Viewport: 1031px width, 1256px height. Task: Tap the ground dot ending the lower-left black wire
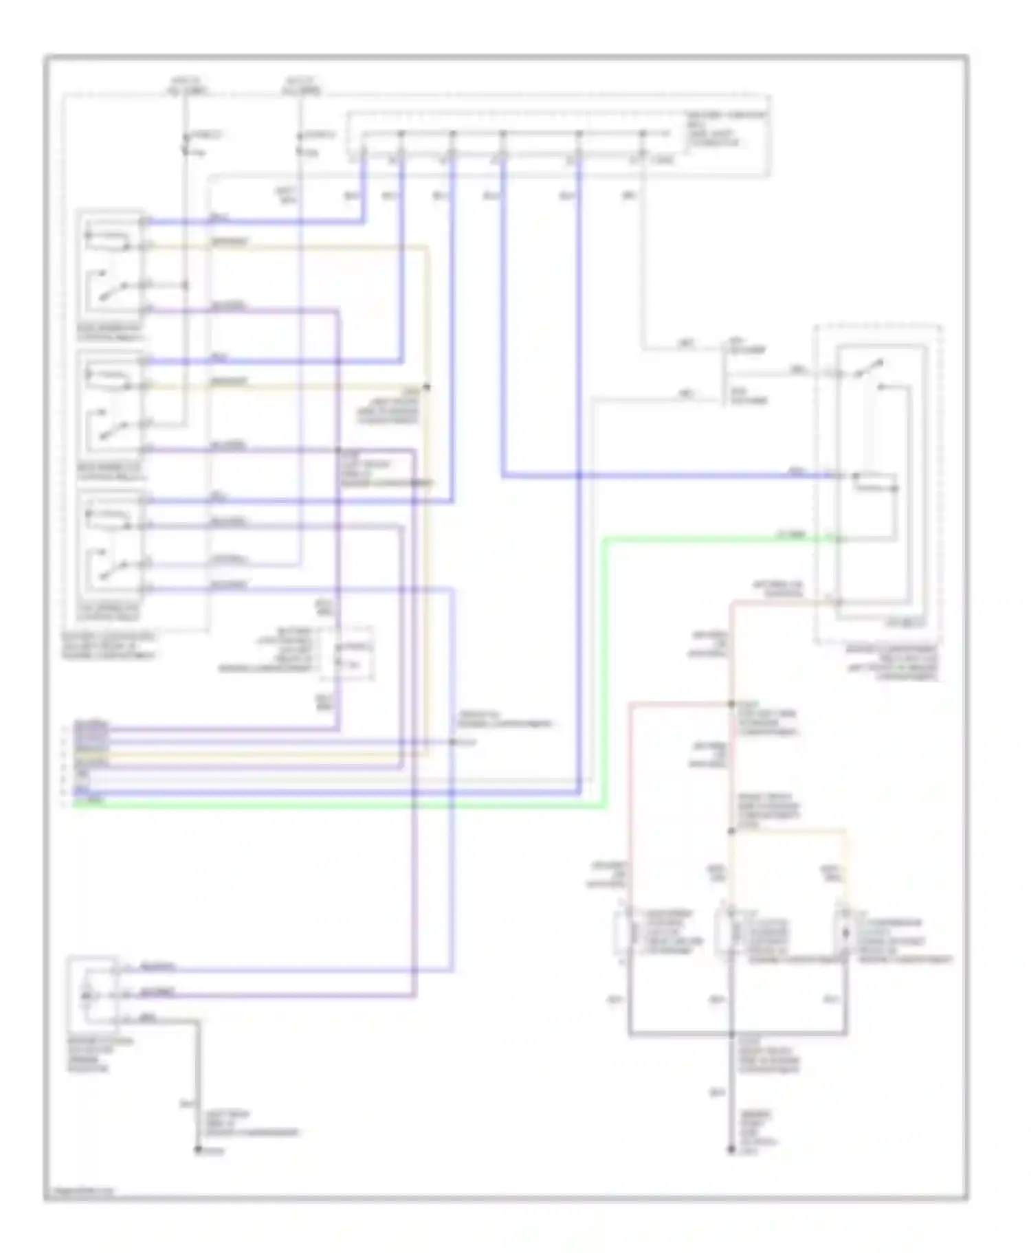coord(198,1150)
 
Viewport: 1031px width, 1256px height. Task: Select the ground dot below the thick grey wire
coord(731,1150)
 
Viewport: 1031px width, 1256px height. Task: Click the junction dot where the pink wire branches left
coord(731,704)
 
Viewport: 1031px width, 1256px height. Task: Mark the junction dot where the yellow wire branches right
coord(731,831)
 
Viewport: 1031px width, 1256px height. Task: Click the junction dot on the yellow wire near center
coord(427,388)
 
